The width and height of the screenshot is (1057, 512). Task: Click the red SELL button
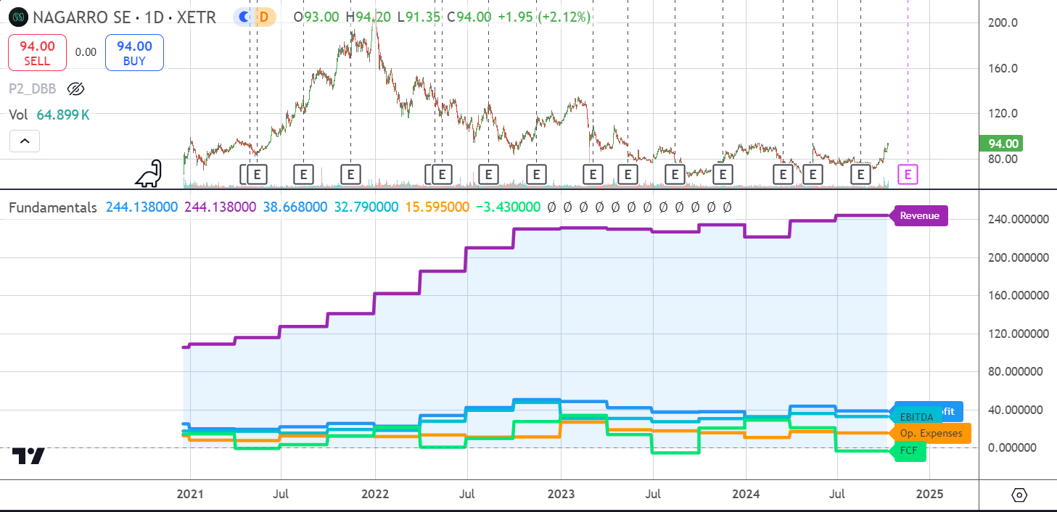[37, 52]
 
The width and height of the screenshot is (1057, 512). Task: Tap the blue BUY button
[134, 52]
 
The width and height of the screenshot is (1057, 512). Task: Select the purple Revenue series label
[920, 215]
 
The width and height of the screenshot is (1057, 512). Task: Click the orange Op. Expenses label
[931, 434]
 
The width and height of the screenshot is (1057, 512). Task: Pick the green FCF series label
[909, 451]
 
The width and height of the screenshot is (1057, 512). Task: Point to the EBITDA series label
[916, 417]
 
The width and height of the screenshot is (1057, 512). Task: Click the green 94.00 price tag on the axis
[1000, 144]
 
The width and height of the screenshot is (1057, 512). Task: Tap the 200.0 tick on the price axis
[1003, 22]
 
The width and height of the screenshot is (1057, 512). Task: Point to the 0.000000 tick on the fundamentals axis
[1014, 447]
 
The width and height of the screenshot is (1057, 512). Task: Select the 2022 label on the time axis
[375, 495]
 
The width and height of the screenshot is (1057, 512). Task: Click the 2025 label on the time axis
[930, 495]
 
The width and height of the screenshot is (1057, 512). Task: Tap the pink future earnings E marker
[908, 174]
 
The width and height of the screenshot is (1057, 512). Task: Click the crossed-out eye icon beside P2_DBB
[75, 89]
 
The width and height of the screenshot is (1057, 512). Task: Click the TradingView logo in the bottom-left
[28, 456]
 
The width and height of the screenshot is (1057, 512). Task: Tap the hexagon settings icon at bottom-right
[1019, 495]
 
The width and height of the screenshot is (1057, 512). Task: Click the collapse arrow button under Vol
[25, 141]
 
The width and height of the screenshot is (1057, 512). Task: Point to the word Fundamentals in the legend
[52, 207]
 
